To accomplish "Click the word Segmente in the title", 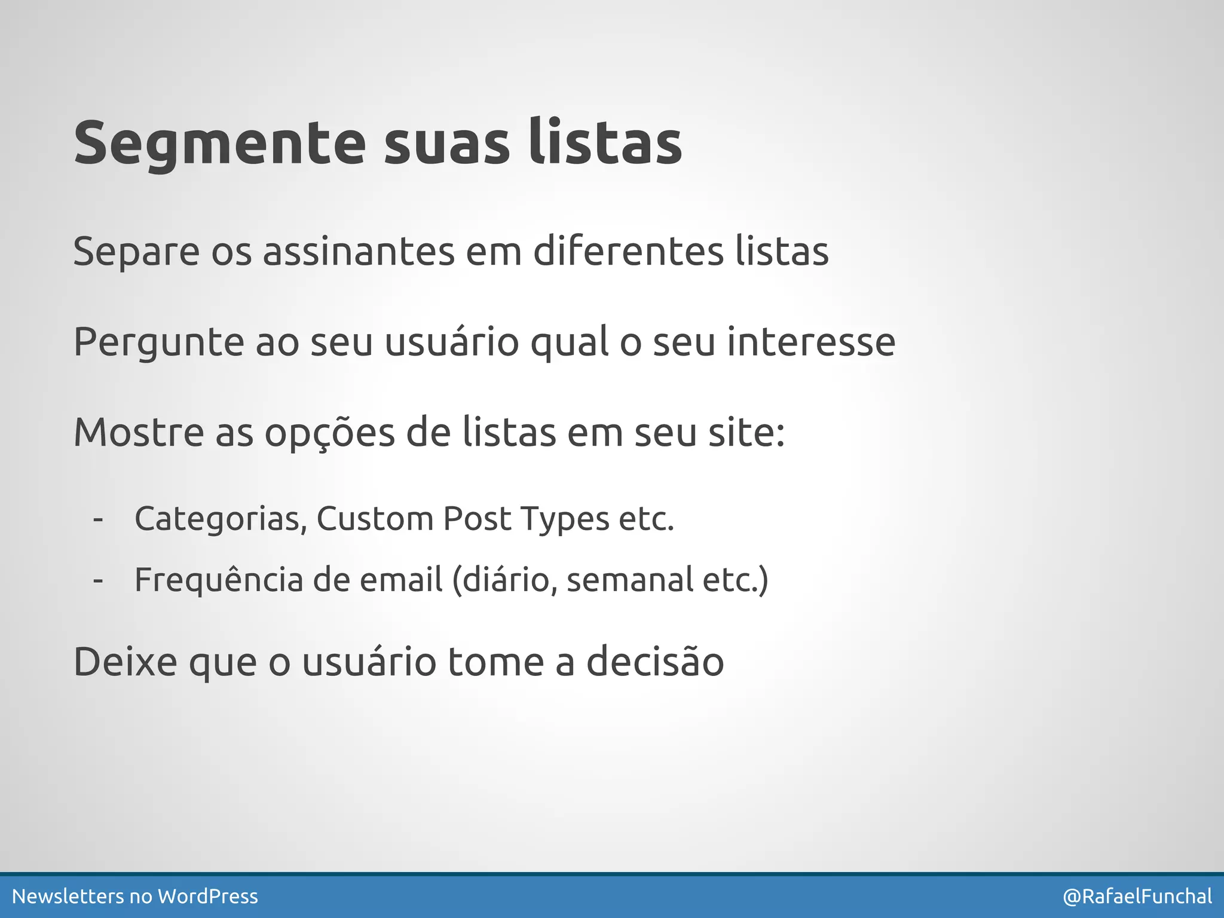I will [x=219, y=143].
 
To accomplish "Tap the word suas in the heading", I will [x=446, y=143].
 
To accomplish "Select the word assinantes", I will [x=359, y=251].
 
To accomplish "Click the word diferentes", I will [x=628, y=251].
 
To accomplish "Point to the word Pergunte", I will [x=158, y=342].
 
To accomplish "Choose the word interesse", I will [x=811, y=342].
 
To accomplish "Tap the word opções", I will [x=329, y=433].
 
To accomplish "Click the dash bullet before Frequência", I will [x=99, y=580].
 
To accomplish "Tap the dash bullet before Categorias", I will [x=99, y=519].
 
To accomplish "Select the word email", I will [x=401, y=580].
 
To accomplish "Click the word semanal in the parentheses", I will [x=629, y=580].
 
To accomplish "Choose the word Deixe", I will [x=125, y=662].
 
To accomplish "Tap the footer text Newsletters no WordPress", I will [x=135, y=896].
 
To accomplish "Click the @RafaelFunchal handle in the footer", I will [x=1137, y=896].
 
